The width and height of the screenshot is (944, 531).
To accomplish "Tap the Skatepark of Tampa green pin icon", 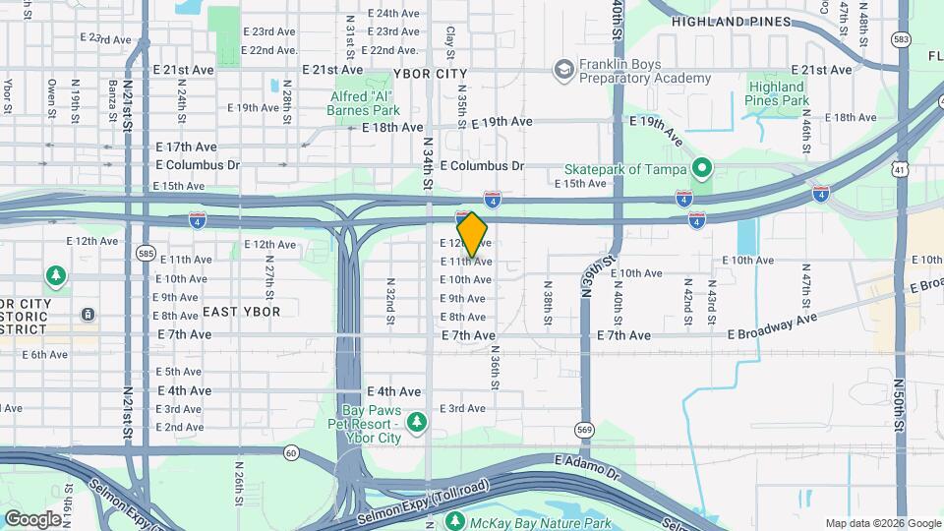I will click(702, 167).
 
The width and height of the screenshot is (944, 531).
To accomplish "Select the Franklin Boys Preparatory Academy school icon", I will click(564, 69).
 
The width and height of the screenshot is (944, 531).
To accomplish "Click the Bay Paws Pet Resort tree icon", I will click(418, 421).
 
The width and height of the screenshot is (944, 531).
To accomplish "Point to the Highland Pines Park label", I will click(777, 93).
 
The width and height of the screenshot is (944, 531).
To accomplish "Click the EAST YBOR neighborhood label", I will click(241, 312).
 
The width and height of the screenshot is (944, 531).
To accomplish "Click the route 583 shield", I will click(901, 39).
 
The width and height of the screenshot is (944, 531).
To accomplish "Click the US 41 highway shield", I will click(899, 169).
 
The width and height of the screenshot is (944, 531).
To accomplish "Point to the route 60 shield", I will click(291, 452).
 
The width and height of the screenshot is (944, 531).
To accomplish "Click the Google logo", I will click(32, 518).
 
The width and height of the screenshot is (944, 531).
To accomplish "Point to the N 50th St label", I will click(899, 403).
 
